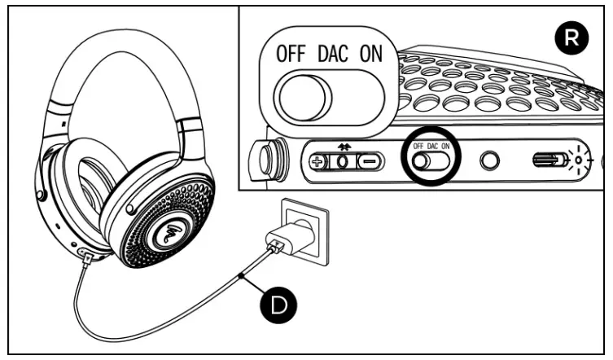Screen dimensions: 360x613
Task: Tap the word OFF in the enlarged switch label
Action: [290, 55]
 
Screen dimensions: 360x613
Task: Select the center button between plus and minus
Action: [344, 160]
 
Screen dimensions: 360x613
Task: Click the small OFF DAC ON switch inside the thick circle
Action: [430, 160]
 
